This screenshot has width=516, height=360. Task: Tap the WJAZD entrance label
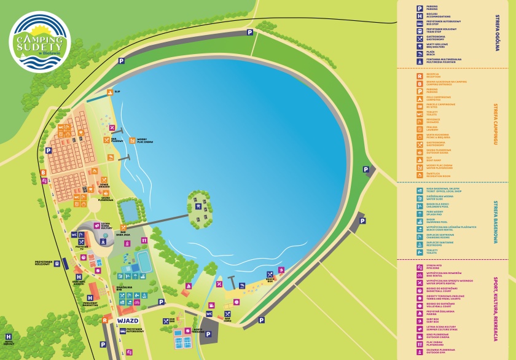[127, 321]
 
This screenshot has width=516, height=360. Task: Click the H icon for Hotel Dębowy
[9, 337]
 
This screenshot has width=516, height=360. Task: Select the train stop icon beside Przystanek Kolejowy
[57, 264]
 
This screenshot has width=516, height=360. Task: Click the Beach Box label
[269, 281]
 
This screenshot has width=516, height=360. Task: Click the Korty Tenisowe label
[198, 331]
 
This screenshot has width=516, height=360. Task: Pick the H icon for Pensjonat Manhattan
[90, 297]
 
